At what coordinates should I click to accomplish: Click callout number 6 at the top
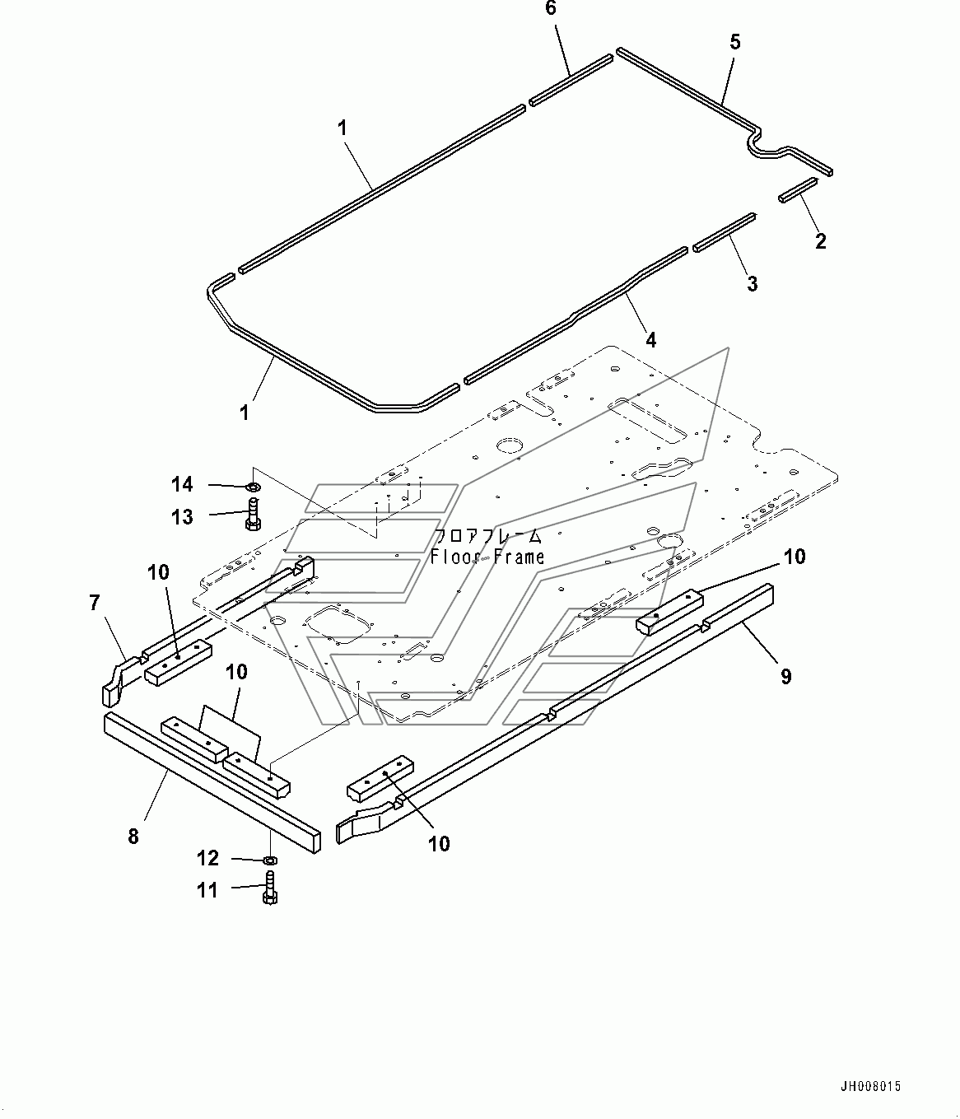551,9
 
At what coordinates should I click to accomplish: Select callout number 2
819,241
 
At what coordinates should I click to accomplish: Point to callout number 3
751,284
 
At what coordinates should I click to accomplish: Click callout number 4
650,338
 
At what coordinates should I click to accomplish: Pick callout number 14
182,483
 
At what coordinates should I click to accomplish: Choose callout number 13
182,517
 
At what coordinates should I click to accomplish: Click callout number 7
95,604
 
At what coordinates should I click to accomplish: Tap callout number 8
133,837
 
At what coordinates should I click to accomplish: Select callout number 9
785,676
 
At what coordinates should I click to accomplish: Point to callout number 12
208,859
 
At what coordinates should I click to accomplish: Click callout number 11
208,890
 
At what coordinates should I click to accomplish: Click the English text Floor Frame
487,557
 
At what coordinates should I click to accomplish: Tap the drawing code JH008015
870,1087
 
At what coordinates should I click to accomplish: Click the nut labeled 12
269,860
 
